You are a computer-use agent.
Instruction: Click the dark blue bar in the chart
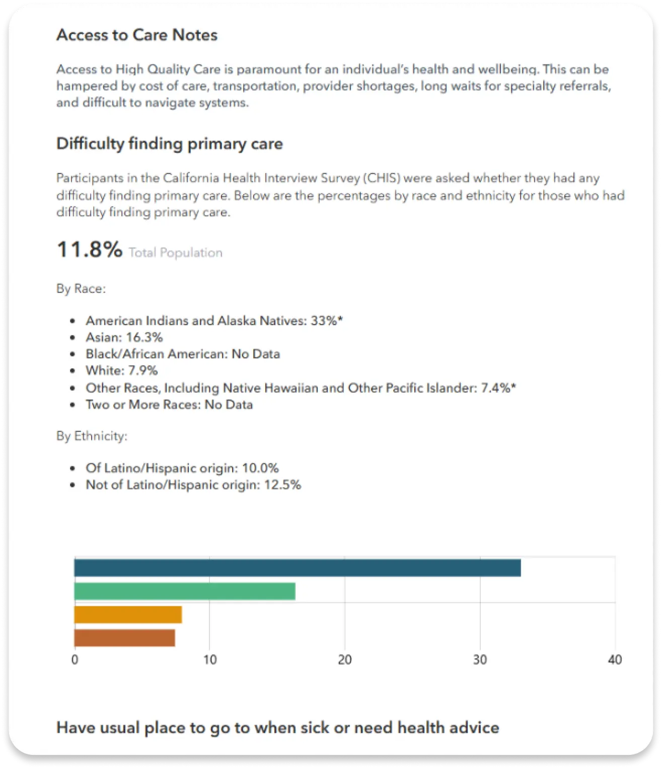coord(297,568)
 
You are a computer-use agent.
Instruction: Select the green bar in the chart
coord(184,591)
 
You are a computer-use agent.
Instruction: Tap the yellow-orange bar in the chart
coord(128,615)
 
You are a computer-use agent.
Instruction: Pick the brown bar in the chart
coord(124,638)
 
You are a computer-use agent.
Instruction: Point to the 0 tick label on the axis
coord(75,660)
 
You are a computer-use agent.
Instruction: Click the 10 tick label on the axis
coord(210,660)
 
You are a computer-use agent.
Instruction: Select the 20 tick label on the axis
coord(345,660)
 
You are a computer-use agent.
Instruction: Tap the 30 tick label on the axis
coord(480,660)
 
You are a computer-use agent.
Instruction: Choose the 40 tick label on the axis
coord(615,660)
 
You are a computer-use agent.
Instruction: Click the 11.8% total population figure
coord(90,250)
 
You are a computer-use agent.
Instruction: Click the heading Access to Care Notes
coord(137,35)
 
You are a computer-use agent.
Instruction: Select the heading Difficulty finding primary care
coord(170,144)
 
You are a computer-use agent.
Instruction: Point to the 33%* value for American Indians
coord(327,321)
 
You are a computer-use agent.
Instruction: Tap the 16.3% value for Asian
coord(144,337)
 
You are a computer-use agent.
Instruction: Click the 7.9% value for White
coord(143,371)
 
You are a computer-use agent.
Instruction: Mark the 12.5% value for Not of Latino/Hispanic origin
coord(282,485)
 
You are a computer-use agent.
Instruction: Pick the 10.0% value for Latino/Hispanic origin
coord(260,468)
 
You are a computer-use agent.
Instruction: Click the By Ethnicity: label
coord(92,436)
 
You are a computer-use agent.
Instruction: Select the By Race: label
coord(81,289)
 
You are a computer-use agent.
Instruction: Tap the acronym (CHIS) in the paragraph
coord(382,178)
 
